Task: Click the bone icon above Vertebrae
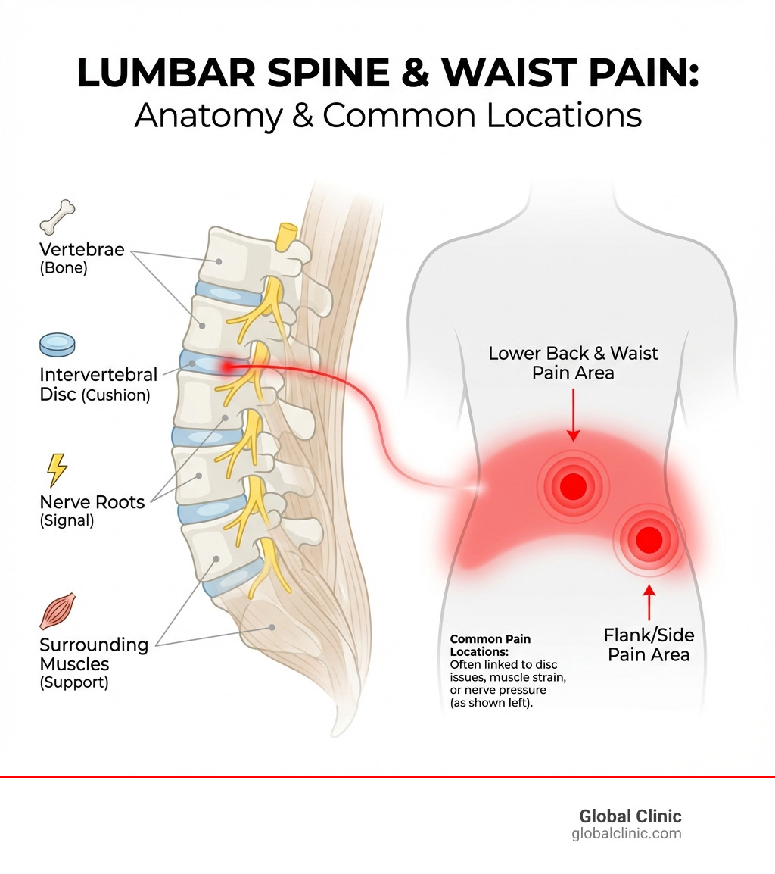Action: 58,217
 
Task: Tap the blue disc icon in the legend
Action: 58,345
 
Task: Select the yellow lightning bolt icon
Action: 58,470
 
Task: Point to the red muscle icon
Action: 58,612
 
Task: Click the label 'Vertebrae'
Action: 82,249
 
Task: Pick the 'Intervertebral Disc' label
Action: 98,374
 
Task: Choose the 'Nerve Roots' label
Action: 92,502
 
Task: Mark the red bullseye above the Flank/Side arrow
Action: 649,540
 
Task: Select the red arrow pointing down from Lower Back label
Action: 573,414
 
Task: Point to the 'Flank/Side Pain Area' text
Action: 649,645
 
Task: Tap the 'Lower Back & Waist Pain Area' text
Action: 573,363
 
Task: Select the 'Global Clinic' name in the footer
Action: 630,816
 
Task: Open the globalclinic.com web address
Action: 626,834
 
